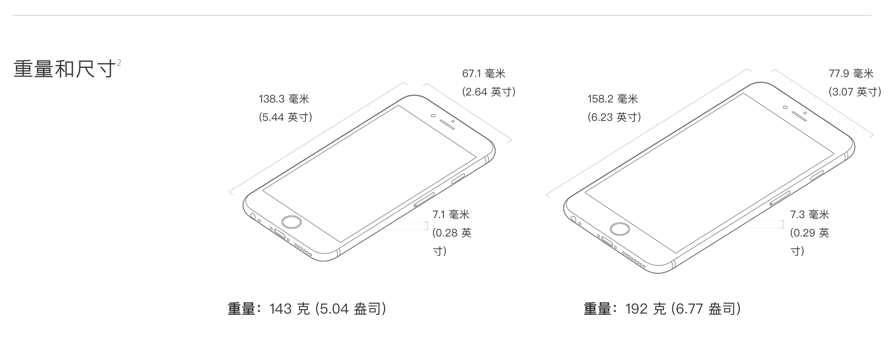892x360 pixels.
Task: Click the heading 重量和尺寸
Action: [x=65, y=69]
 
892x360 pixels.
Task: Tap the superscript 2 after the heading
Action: [x=119, y=63]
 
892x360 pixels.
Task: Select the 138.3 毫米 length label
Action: [x=284, y=99]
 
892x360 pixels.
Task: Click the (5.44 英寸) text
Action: [x=285, y=117]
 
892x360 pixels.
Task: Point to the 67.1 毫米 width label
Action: [x=484, y=74]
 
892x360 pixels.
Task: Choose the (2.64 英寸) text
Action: [x=488, y=92]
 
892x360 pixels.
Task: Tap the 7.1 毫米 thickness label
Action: [x=451, y=215]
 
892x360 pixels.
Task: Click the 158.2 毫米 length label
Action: [x=612, y=99]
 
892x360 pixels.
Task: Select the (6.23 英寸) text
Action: [x=614, y=117]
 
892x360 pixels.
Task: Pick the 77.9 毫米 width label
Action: [x=851, y=74]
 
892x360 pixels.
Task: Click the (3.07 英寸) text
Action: [x=855, y=92]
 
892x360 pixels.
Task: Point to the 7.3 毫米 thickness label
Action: [x=810, y=215]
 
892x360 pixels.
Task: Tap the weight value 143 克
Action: [x=290, y=309]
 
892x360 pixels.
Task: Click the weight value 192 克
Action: [x=645, y=309]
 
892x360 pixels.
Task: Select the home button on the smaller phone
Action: [x=292, y=222]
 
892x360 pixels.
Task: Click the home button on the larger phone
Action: [x=620, y=229]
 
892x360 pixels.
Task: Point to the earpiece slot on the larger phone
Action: [x=800, y=115]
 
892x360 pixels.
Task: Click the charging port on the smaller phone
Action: [x=280, y=236]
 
